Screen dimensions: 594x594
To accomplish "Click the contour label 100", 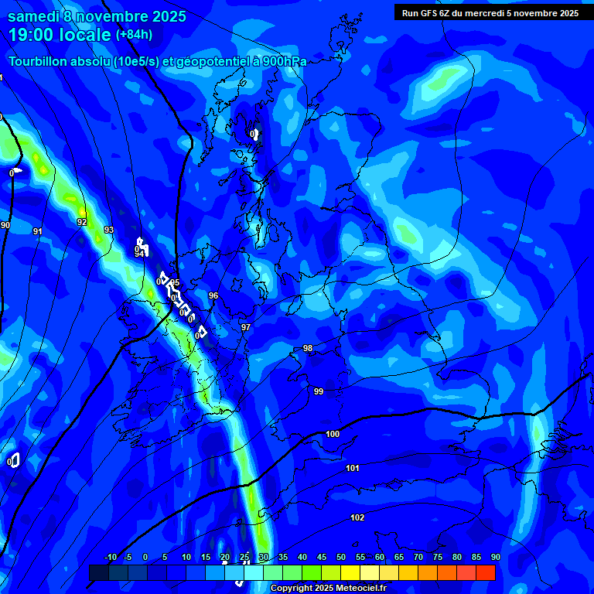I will pos(333,434).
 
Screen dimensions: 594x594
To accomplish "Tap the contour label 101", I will pos(353,468).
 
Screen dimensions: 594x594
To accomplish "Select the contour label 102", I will pos(357,517).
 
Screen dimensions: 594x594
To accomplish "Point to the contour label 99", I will pos(319,391).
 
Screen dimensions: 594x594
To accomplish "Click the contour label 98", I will pos(308,348).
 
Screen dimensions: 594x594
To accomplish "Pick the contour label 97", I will pos(246,327).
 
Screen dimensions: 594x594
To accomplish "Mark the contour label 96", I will pos(213,295).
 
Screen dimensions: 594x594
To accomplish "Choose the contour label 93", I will pos(109,230).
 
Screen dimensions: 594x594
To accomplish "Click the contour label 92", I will pos(82,222).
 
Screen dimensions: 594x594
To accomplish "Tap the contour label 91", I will pos(38,231).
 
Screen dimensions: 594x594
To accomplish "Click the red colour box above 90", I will pos(486,572).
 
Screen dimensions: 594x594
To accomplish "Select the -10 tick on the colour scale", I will pos(110,558).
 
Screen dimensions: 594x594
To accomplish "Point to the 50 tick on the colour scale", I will pos(341,558).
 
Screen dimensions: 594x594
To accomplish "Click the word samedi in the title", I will pos(34,15).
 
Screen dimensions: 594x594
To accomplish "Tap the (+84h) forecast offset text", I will pos(134,34).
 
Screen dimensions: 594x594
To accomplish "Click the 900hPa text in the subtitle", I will pos(285,61).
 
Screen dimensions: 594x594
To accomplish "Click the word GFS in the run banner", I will pos(431,13).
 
